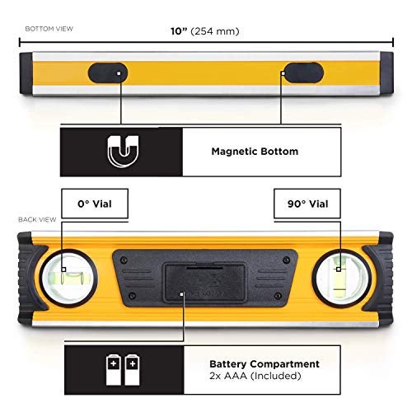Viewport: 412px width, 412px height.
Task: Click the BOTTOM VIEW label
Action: (49, 29)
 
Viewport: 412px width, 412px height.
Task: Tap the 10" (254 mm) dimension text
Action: (205, 31)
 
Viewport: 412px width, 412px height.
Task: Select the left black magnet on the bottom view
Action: (108, 73)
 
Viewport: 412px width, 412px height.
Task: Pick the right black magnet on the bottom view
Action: (303, 73)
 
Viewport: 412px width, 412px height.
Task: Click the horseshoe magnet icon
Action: (123, 151)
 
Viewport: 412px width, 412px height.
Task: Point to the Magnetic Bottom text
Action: (255, 152)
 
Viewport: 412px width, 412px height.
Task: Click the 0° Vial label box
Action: (95, 204)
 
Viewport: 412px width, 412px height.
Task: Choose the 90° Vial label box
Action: (307, 204)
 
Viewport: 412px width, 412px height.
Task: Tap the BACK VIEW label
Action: (37, 219)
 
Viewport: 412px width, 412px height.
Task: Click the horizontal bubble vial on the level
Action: (69, 278)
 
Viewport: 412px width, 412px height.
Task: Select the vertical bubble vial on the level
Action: (339, 278)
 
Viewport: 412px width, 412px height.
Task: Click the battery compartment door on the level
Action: (205, 283)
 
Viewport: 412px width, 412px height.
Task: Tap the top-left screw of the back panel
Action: (124, 260)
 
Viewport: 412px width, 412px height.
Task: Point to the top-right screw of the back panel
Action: (287, 260)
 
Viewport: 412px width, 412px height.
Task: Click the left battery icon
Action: (114, 370)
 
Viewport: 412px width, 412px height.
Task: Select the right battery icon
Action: (132, 370)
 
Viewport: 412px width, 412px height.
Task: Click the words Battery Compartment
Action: (265, 364)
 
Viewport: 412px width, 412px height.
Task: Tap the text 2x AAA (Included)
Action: (255, 376)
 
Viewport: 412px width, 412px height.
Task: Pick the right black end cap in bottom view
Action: (386, 73)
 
